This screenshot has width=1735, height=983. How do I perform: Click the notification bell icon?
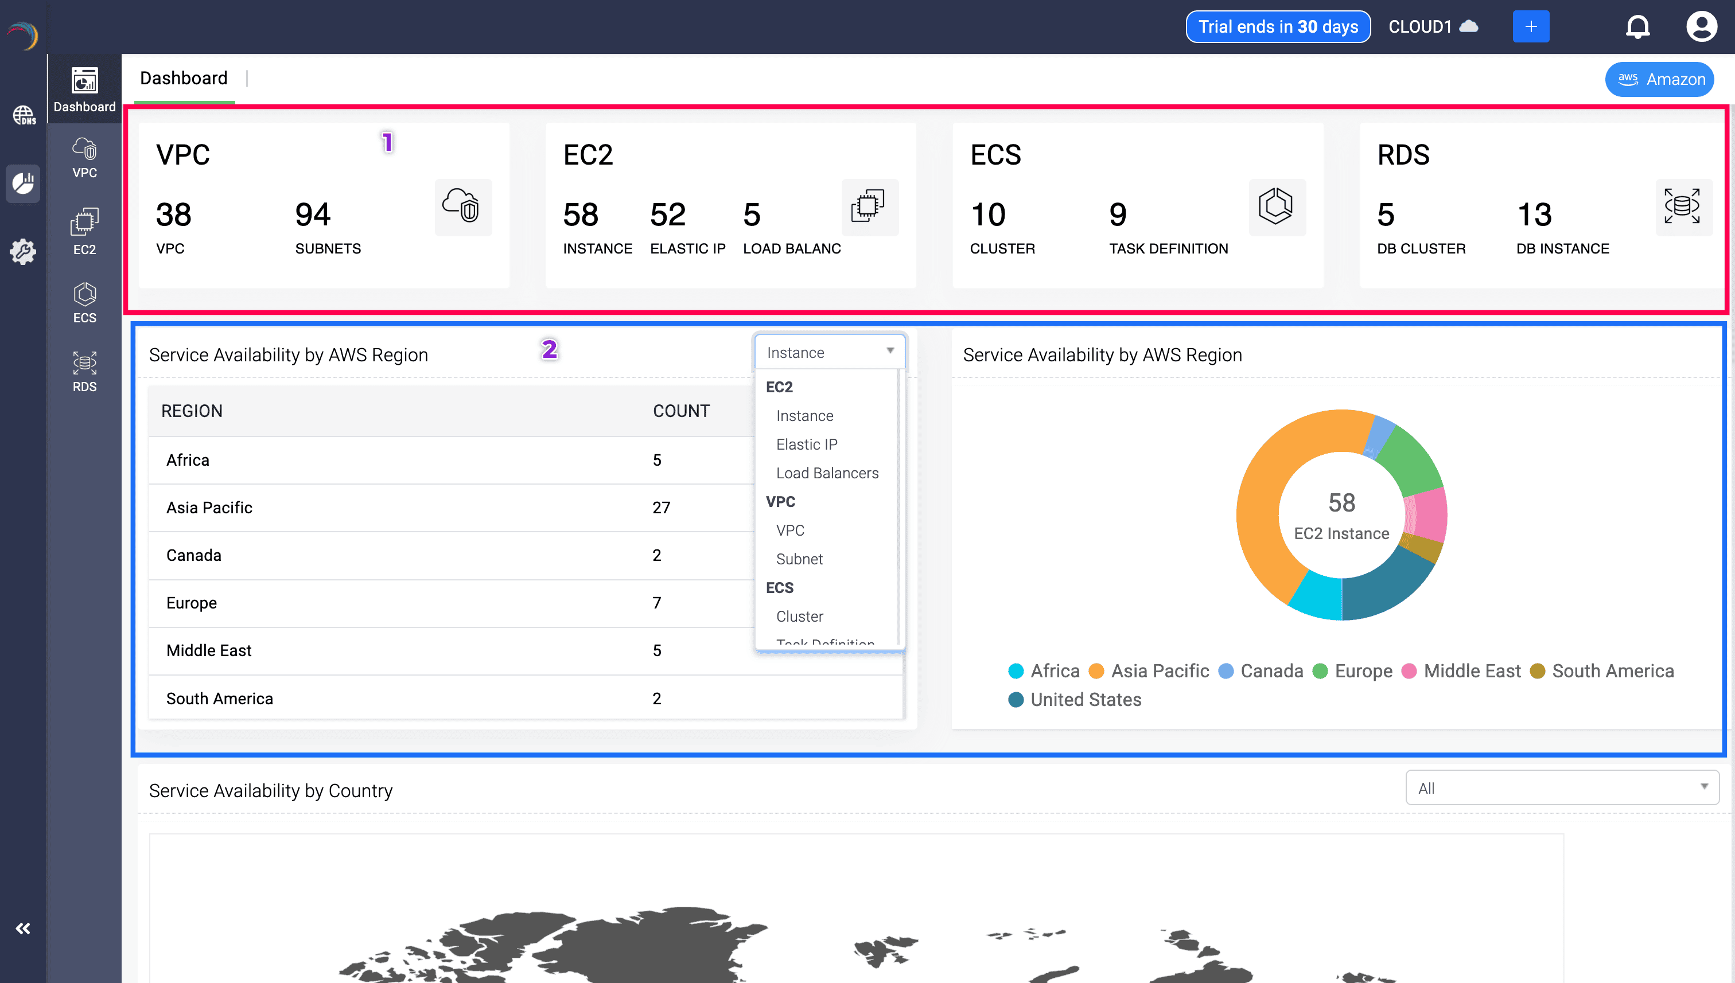coord(1637,27)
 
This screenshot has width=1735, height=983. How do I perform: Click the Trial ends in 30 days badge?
coord(1278,27)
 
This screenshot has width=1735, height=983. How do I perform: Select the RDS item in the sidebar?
coord(84,371)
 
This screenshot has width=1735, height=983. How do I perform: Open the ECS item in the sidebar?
coord(84,303)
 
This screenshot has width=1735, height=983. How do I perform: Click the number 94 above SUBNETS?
coord(313,214)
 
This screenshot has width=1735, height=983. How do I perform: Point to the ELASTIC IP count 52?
coord(667,214)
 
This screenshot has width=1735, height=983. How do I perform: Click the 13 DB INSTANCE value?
coord(1534,214)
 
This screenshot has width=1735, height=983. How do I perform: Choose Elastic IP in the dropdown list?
coord(806,444)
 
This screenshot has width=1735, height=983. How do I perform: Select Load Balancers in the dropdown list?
coord(827,473)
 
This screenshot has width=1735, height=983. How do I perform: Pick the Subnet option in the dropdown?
coord(800,559)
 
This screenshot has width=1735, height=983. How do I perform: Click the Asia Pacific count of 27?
coord(661,508)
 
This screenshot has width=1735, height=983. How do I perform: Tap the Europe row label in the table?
coord(192,603)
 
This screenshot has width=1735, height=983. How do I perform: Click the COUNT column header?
coord(681,411)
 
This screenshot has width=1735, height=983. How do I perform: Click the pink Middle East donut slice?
coord(1426,514)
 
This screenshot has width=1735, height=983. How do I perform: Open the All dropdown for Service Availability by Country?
coord(1561,788)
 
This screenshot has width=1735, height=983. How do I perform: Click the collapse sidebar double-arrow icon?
coord(23,929)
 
